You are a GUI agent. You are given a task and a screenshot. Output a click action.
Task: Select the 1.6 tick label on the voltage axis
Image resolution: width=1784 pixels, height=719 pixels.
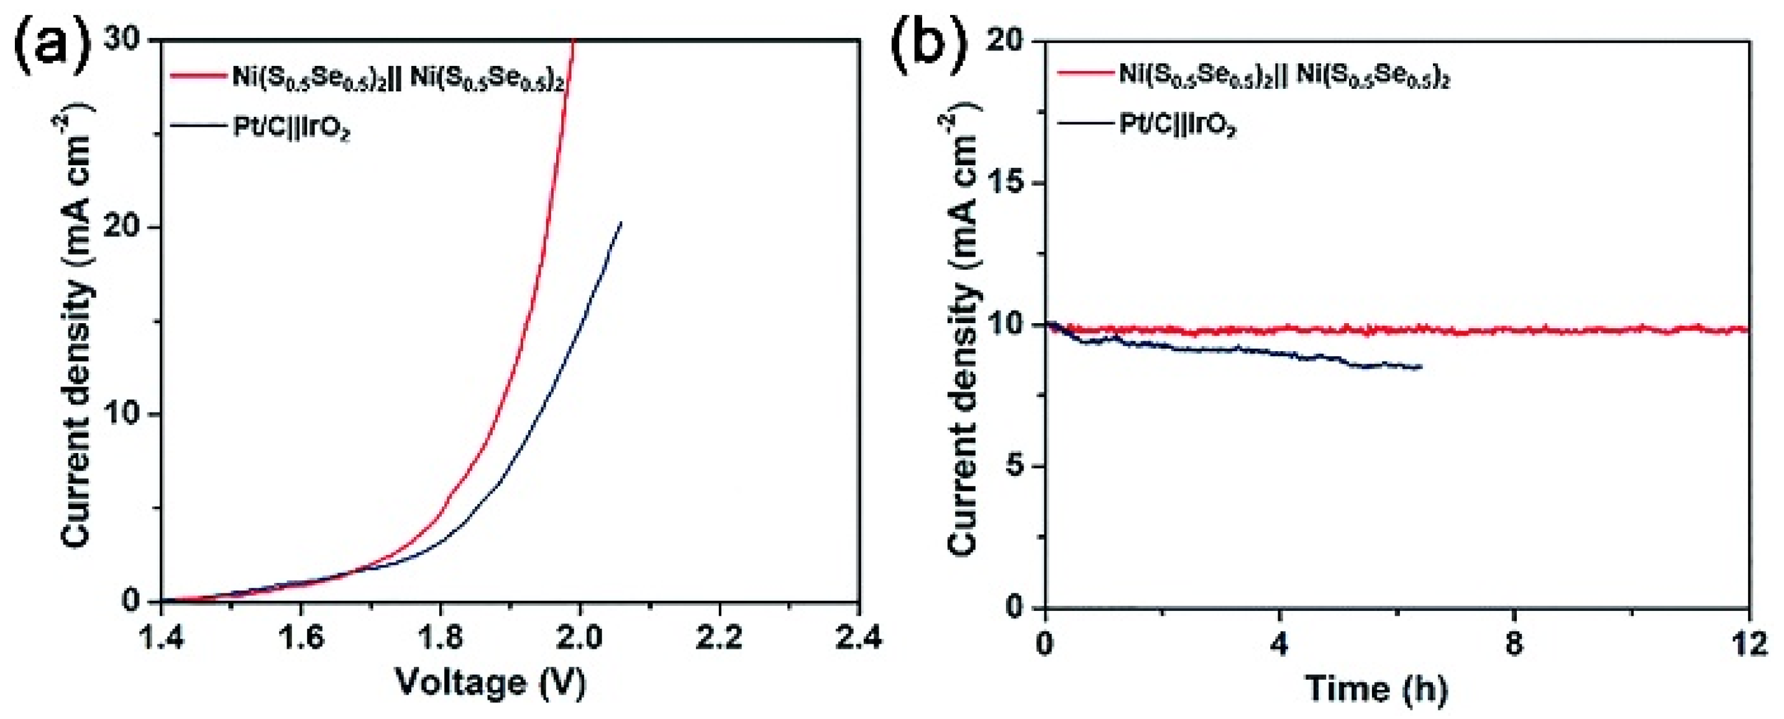click(x=301, y=639)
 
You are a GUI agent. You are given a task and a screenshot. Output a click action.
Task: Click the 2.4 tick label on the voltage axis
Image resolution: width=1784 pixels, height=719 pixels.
click(x=859, y=639)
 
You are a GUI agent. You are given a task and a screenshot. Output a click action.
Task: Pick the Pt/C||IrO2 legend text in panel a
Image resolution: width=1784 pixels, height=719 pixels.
click(x=291, y=129)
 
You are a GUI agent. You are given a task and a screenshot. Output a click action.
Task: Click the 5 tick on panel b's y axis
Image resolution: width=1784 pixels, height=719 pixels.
click(x=1018, y=467)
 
